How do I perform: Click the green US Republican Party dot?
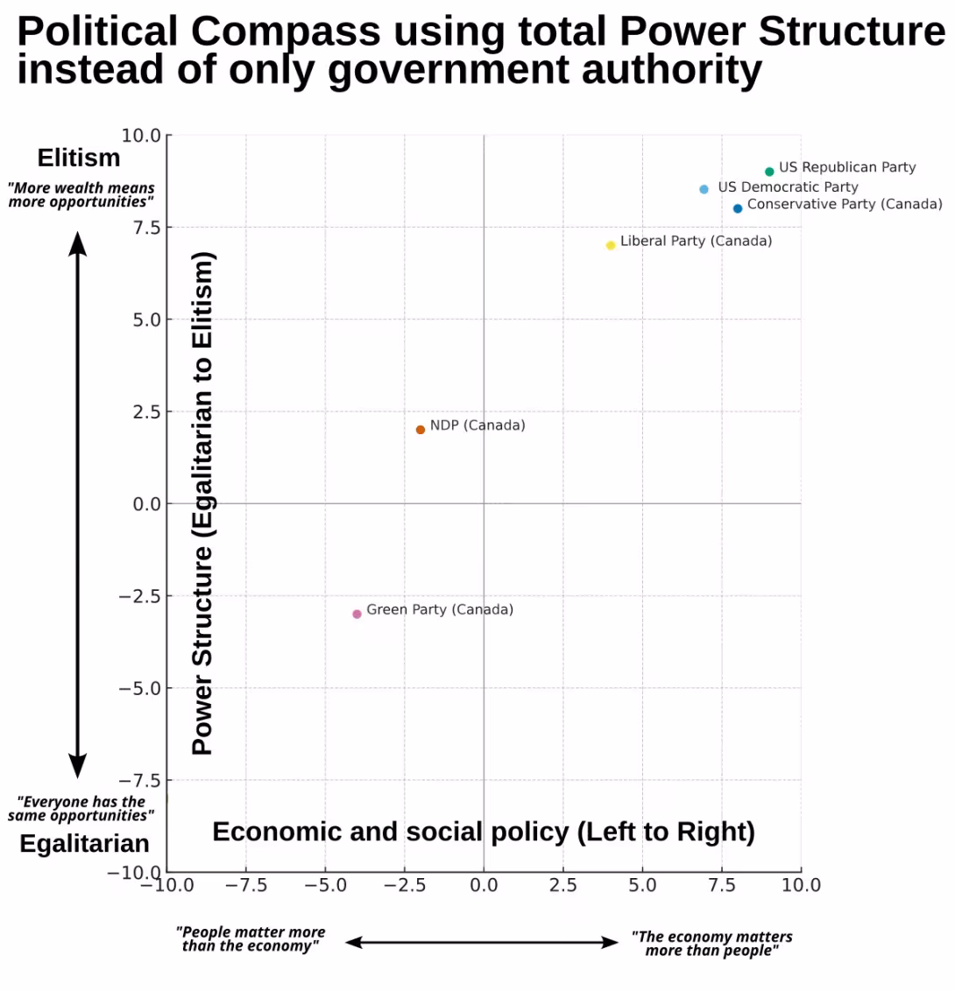[769, 172]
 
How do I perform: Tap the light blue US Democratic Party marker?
[704, 189]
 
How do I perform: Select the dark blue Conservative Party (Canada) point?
[738, 208]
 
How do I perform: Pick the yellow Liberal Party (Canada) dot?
[611, 245]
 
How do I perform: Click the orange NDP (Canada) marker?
[421, 430]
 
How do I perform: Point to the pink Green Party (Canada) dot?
[357, 614]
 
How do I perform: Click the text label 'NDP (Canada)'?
[477, 425]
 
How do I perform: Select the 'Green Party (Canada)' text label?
[440, 609]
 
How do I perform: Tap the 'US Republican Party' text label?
[847, 167]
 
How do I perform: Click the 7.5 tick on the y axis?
[141, 228]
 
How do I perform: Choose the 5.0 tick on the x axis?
[642, 886]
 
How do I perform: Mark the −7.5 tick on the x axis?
[245, 886]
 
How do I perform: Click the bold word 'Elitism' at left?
[79, 158]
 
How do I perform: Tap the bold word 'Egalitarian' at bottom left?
[84, 843]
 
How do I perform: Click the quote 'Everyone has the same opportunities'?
[81, 808]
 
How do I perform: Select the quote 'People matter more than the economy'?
[251, 938]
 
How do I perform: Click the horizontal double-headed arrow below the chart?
[481, 942]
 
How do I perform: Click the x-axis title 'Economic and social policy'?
[484, 832]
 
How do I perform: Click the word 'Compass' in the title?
[286, 32]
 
